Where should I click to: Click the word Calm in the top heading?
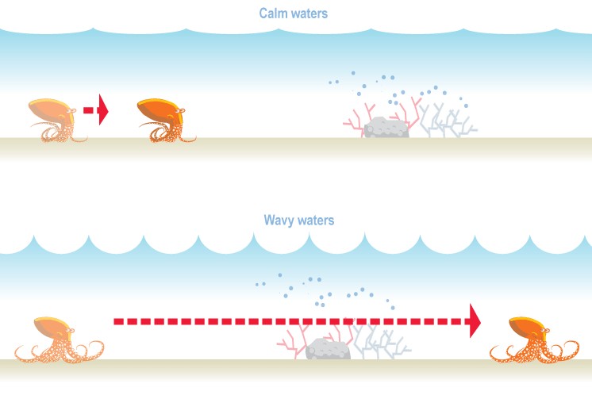(274, 13)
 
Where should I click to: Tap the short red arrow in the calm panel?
(96, 109)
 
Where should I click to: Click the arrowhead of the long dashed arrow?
(475, 320)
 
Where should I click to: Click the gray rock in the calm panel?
(386, 127)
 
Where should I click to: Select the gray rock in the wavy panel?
(328, 349)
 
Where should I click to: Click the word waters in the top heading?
(309, 13)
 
